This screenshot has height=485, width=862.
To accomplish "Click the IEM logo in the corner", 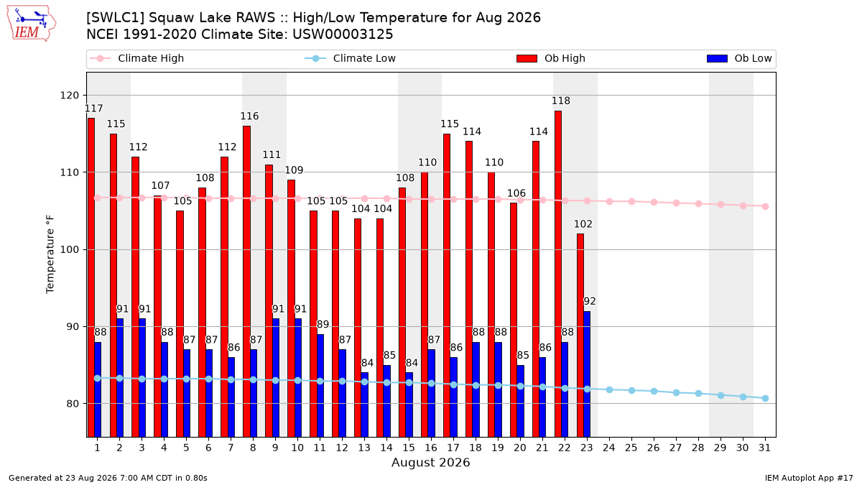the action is point(32,24).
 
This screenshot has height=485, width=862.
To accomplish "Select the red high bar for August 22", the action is point(558,274).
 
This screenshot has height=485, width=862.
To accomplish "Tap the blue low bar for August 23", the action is point(587,374).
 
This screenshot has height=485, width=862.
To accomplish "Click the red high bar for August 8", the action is point(246,282).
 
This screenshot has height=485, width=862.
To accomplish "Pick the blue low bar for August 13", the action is point(364,405).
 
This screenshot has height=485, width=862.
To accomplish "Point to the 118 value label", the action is point(561,101).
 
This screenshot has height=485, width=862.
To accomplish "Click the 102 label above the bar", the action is point(583,224).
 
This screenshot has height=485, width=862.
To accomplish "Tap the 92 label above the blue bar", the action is point(590,301).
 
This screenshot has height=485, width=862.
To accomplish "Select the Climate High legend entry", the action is point(136,58).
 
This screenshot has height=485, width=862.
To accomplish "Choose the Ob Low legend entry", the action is point(739,58).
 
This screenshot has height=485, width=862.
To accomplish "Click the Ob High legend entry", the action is point(551,58).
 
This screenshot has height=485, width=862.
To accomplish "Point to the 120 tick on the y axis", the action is point(69,95).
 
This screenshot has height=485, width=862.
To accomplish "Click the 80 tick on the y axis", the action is point(73,404).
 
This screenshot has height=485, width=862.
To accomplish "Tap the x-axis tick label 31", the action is point(764,448).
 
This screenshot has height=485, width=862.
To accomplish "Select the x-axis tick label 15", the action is point(409,448).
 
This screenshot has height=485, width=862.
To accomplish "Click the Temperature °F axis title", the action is point(50,254).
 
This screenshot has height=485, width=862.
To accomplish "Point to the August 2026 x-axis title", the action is point(430,462).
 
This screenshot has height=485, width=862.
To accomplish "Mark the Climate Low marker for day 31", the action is point(766,398).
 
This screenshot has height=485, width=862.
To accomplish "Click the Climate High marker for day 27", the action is point(676,203).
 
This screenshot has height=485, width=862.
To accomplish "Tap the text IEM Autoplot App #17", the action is point(809,478).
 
